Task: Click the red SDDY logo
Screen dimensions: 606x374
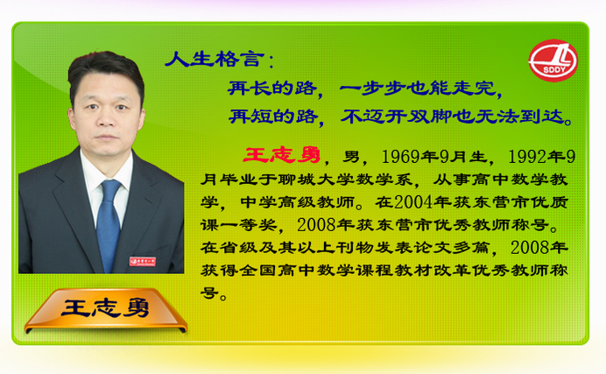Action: [553, 60]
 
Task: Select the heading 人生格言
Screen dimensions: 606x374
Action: [215, 59]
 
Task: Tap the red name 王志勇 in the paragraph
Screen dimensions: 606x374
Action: [282, 155]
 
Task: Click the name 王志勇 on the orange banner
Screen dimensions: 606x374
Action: [105, 308]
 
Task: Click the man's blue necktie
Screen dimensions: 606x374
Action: [109, 224]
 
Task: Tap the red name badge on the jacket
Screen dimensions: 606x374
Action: [143, 262]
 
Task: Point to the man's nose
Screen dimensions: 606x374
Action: [105, 118]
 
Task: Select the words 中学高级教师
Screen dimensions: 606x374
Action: [297, 202]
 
